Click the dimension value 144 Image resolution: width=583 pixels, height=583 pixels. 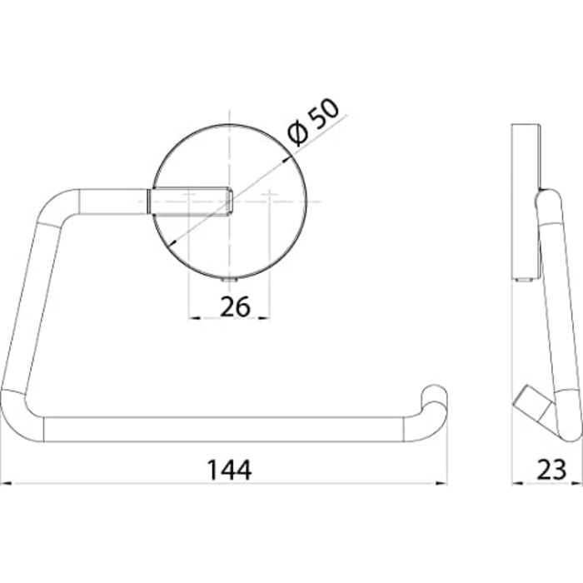(x=229, y=470)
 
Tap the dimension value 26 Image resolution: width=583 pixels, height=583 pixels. (x=236, y=306)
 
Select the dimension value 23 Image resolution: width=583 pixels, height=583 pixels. (x=552, y=470)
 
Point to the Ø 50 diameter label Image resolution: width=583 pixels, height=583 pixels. (x=314, y=122)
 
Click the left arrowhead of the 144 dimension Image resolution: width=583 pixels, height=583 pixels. (x=7, y=483)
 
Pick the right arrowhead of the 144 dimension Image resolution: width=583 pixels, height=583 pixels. (x=441, y=483)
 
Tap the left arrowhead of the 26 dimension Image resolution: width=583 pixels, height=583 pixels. (x=194, y=318)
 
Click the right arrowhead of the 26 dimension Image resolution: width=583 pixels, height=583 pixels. (x=264, y=318)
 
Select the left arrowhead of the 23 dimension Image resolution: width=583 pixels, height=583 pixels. (x=518, y=483)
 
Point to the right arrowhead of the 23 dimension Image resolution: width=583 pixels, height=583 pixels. (x=577, y=483)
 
